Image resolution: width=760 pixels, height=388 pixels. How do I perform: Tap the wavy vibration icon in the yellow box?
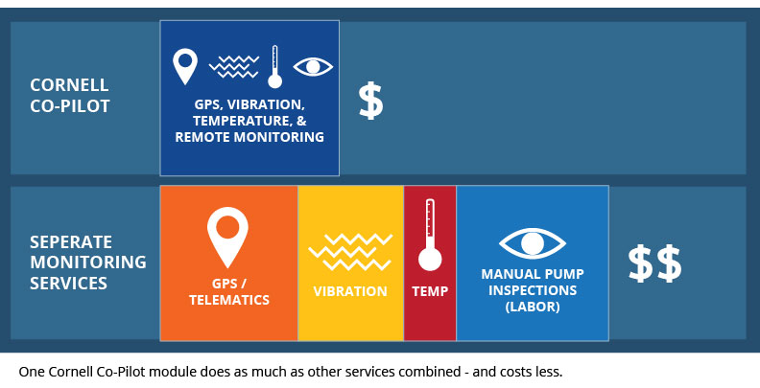coord(350,252)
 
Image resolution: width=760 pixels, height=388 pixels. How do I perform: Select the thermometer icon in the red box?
coord(430,235)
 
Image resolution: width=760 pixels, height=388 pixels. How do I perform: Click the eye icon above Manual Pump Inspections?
coord(533,243)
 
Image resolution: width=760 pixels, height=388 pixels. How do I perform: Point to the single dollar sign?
coord(370,101)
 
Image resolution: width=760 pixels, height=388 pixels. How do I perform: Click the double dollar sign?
coord(654,263)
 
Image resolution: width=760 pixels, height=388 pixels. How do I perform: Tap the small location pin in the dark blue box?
coord(185,66)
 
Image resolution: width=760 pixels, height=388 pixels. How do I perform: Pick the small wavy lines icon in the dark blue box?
coord(234,67)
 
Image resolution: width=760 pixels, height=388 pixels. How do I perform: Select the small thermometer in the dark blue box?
coord(274,67)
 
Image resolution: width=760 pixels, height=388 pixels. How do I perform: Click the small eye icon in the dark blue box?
coord(313,67)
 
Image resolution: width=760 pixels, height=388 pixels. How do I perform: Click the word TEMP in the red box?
coord(430,291)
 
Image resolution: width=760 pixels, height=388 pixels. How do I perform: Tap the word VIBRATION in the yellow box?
coord(350,291)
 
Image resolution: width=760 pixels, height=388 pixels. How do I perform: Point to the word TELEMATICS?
coord(229,300)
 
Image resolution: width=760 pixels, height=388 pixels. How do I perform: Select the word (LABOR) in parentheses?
coord(533,307)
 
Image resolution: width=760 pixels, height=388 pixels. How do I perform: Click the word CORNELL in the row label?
coord(69,85)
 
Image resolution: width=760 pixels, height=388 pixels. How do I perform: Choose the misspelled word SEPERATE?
coord(71,241)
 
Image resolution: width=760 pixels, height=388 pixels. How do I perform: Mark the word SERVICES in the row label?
coord(68,283)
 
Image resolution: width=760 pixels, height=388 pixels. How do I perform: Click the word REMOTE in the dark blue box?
coord(202,137)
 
